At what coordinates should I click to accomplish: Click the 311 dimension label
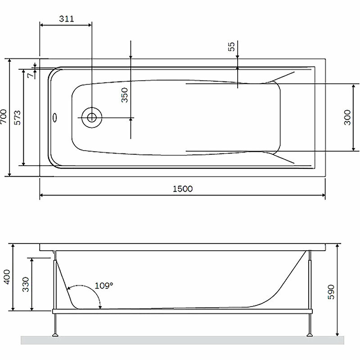(x=67, y=18)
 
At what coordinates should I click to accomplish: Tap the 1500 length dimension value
(x=183, y=189)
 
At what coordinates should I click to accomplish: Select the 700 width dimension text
(x=4, y=117)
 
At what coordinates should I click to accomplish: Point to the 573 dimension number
(x=18, y=118)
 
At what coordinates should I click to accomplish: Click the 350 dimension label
(x=125, y=95)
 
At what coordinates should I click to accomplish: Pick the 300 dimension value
(x=347, y=117)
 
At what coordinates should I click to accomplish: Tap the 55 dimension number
(x=231, y=46)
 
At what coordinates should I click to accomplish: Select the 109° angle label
(x=104, y=286)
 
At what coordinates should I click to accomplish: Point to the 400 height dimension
(x=7, y=277)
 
